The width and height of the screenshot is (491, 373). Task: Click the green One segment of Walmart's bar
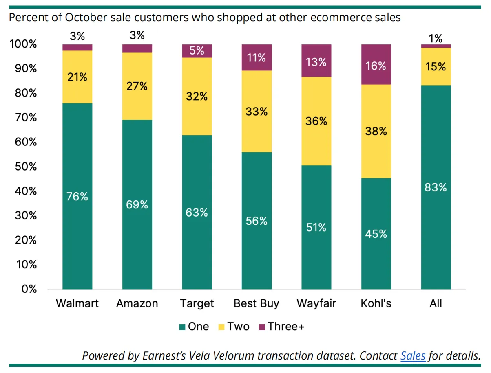pyautogui.click(x=77, y=196)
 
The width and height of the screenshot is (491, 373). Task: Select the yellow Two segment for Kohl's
pyautogui.click(x=376, y=131)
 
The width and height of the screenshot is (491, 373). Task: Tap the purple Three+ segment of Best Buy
pyautogui.click(x=257, y=57)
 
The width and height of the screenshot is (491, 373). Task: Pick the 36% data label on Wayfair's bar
pyautogui.click(x=316, y=121)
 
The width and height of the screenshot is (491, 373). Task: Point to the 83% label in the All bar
pyautogui.click(x=436, y=187)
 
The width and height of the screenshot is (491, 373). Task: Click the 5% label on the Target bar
pyautogui.click(x=197, y=50)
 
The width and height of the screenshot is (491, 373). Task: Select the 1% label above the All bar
pyautogui.click(x=435, y=38)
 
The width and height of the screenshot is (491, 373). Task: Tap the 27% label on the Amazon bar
pyautogui.click(x=137, y=86)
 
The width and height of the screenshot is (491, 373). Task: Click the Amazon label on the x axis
pyautogui.click(x=137, y=303)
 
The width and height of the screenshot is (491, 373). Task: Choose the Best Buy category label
pyautogui.click(x=257, y=304)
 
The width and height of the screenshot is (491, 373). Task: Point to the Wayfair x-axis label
pyautogui.click(x=316, y=304)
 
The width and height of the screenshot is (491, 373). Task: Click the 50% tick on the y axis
pyautogui.click(x=26, y=167)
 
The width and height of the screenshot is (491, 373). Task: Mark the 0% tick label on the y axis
pyautogui.click(x=29, y=289)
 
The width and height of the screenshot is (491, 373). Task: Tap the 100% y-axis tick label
pyautogui.click(x=23, y=44)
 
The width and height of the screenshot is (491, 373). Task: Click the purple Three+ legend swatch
pyautogui.click(x=262, y=327)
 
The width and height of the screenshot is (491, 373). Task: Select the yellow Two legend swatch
pyautogui.click(x=221, y=327)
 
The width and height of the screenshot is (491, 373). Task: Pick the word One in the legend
pyautogui.click(x=199, y=327)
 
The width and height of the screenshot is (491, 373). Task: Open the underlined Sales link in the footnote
pyautogui.click(x=413, y=355)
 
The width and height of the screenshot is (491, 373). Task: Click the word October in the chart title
pyautogui.click(x=86, y=18)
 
